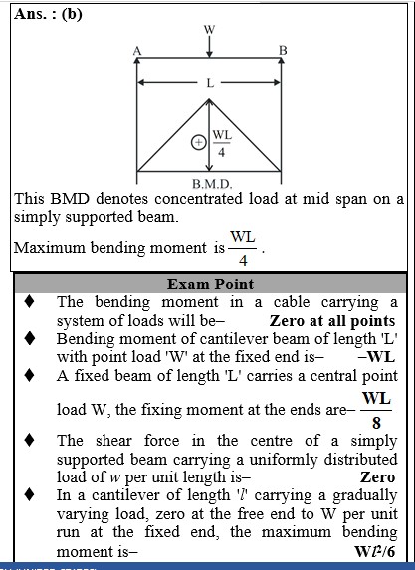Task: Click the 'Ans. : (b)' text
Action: [48, 14]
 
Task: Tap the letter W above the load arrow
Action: [209, 29]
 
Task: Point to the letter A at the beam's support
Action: [137, 51]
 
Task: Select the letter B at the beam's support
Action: [283, 50]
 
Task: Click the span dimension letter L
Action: [210, 83]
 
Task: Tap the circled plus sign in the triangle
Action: [198, 142]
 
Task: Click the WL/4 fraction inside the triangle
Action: [222, 143]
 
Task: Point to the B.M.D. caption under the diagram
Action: [212, 184]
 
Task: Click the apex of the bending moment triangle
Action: [209, 99]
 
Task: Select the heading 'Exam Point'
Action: [210, 285]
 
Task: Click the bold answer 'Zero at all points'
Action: [332, 321]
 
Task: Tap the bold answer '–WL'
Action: [376, 357]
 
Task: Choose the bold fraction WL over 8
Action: [376, 410]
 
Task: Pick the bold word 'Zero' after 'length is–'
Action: [377, 477]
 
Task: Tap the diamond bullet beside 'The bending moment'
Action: [30, 302]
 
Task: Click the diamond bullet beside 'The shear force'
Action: [30, 441]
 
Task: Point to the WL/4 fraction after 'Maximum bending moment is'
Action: [243, 249]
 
